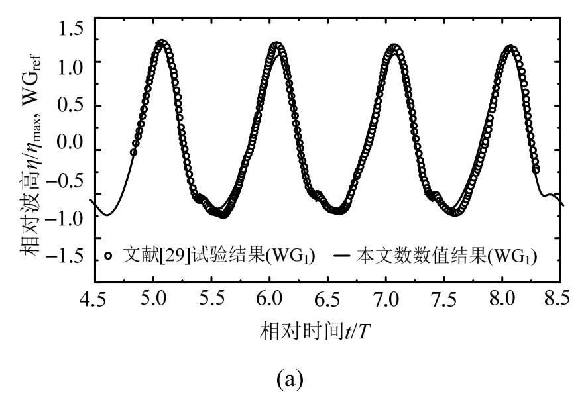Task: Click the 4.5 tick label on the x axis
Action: tap(92, 299)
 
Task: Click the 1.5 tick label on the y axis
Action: tap(72, 28)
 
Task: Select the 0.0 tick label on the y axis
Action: tap(72, 144)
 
